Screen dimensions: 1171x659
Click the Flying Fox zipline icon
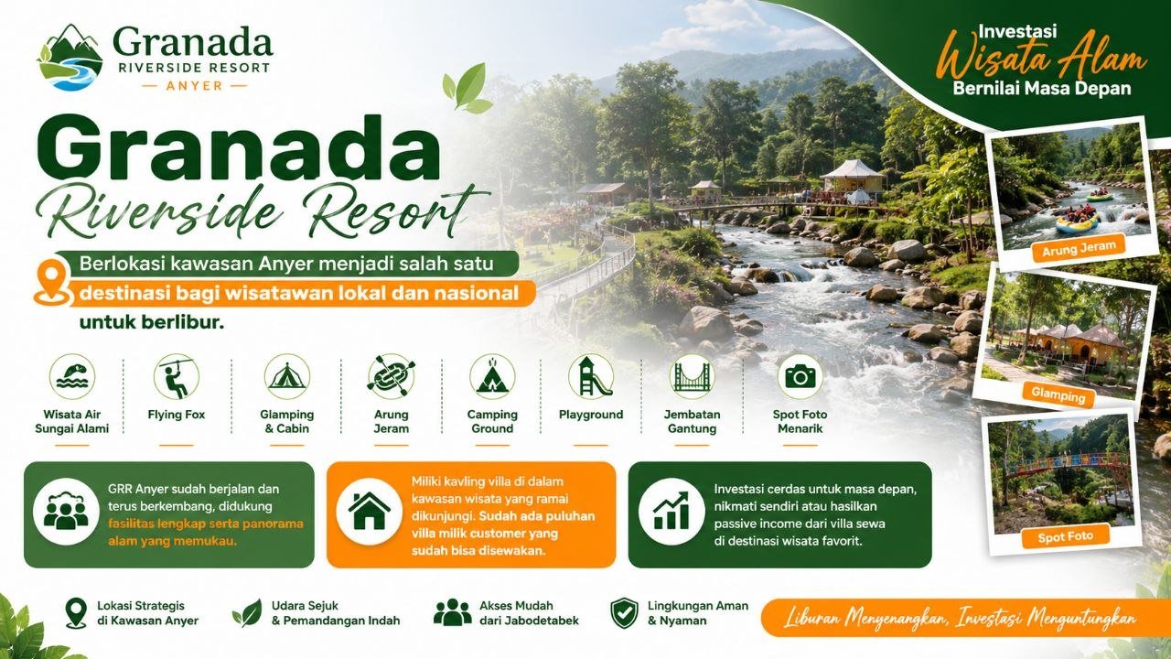click(x=177, y=376)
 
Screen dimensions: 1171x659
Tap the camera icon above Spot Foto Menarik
click(x=800, y=376)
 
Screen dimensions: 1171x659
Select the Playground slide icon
click(x=591, y=376)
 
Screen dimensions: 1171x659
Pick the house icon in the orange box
click(x=369, y=511)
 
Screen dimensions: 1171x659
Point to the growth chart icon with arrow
click(x=671, y=511)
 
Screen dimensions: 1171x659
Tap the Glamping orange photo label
click(x=1058, y=394)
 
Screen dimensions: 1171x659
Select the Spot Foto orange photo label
click(x=1066, y=537)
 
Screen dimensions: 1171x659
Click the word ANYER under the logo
click(x=195, y=85)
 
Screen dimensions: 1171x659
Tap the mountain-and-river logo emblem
click(x=70, y=58)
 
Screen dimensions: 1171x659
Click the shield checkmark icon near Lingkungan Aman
click(x=624, y=613)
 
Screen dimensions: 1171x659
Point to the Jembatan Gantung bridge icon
click(x=693, y=376)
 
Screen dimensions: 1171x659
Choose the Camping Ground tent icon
click(x=492, y=376)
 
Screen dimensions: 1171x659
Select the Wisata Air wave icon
click(x=72, y=376)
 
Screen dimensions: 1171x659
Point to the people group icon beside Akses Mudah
click(x=452, y=612)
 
